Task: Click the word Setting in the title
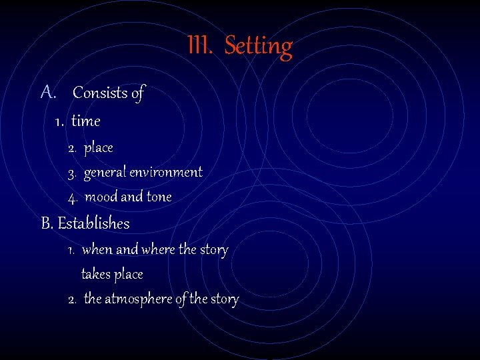coord(259,47)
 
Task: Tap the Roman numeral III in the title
coord(199,46)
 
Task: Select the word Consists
coord(100,93)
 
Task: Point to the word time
coord(85,121)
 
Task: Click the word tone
coord(159,197)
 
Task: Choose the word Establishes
coord(94,223)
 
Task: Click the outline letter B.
coord(47,223)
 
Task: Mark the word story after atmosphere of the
coord(225,299)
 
